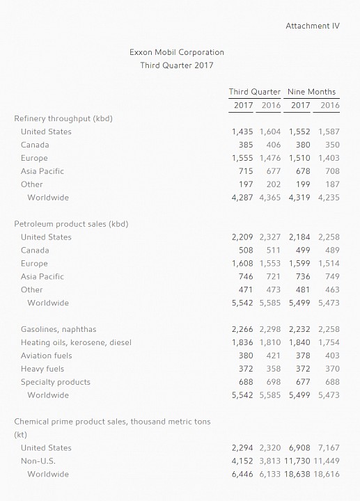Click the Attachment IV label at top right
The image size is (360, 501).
(x=313, y=26)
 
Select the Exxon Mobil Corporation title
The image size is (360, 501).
(x=176, y=52)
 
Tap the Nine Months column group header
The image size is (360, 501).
(x=311, y=92)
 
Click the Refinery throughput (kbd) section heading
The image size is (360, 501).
(x=63, y=119)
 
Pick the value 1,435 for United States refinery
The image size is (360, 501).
(x=242, y=132)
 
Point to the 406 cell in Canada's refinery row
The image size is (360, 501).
(x=274, y=145)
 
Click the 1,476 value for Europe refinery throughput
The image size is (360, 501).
(x=270, y=158)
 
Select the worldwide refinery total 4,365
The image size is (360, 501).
(x=270, y=198)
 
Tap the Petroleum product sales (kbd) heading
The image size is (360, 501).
(x=71, y=224)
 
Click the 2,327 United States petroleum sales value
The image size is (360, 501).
(x=270, y=237)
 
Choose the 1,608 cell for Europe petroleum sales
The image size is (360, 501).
(x=242, y=263)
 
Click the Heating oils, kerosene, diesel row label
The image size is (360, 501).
(x=76, y=342)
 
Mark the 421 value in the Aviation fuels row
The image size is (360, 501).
(x=274, y=356)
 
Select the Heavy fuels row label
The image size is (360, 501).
(x=42, y=369)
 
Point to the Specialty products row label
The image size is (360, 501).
(x=56, y=382)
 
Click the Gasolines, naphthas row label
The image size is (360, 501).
(x=58, y=329)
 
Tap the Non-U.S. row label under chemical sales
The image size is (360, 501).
(x=38, y=461)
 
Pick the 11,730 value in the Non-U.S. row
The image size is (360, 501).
(x=297, y=461)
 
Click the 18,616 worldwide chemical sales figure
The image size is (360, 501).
(x=327, y=474)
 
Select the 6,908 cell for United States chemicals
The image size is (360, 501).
(x=299, y=448)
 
